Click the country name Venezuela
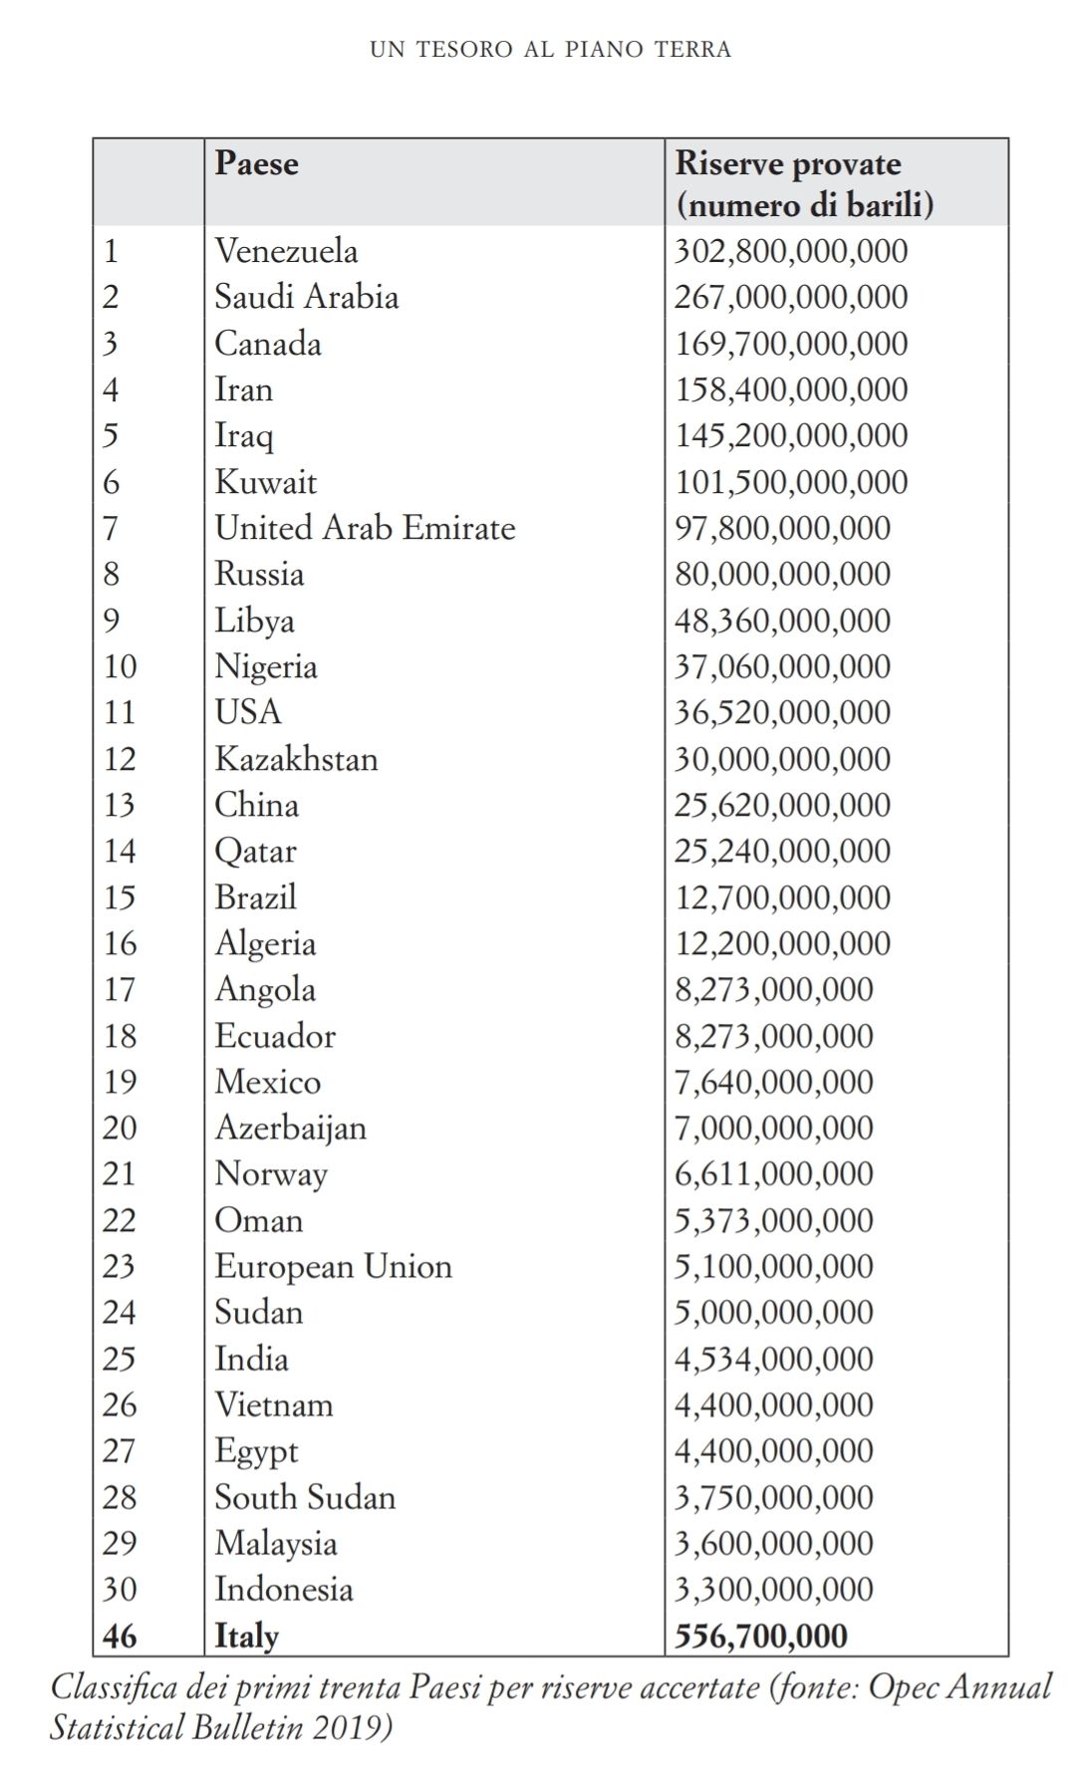(286, 251)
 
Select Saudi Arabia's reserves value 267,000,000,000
(791, 297)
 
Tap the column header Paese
(256, 163)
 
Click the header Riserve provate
(788, 164)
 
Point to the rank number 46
(121, 1636)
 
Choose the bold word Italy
(247, 1636)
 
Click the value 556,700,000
(761, 1636)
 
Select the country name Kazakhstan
(296, 759)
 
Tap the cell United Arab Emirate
(365, 528)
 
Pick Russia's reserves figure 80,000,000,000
(782, 575)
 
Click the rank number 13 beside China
(120, 805)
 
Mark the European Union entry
(333, 1266)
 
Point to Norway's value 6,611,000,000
(773, 1174)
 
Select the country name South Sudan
(305, 1497)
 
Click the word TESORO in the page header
(464, 49)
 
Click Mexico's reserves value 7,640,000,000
(773, 1082)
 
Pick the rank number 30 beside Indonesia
(120, 1589)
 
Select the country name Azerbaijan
(290, 1129)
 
